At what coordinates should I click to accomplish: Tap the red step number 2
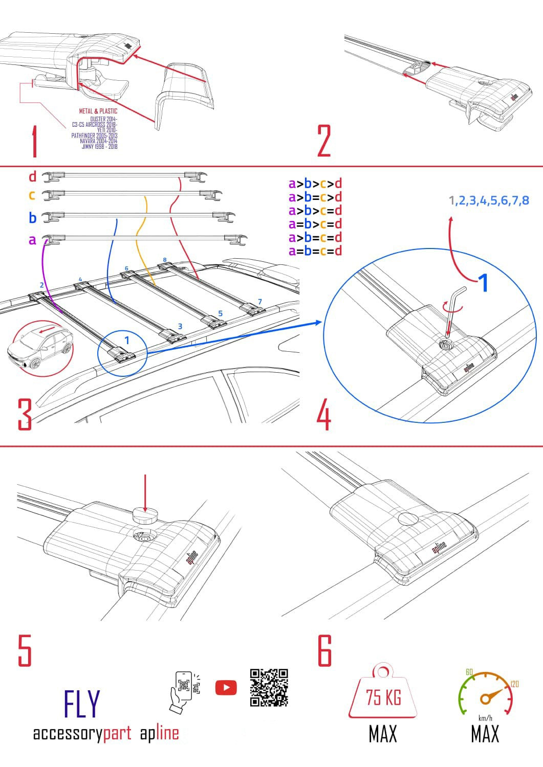[324, 141]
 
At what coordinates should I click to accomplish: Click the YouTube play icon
[226, 688]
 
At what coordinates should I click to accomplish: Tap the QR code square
[269, 688]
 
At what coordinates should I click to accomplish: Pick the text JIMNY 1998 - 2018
[99, 147]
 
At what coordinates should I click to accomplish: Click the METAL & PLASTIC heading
[98, 111]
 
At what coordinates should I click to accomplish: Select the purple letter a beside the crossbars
[33, 240]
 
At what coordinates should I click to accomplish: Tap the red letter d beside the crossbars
[33, 177]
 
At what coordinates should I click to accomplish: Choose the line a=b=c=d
[315, 251]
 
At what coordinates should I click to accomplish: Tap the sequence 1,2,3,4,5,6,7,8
[489, 200]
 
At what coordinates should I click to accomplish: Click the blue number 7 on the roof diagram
[260, 301]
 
